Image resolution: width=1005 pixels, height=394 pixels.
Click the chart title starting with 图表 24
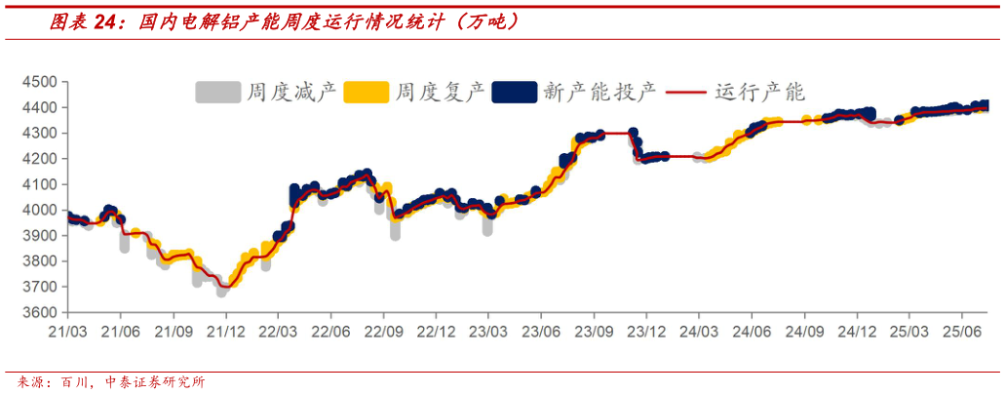283,20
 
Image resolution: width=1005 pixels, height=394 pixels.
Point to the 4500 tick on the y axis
39,82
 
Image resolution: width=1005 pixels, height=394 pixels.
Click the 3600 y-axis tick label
39,313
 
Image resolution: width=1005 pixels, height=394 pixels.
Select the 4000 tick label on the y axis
39,210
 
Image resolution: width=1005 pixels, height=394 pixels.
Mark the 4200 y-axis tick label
39,158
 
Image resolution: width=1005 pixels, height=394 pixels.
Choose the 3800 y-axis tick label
39,261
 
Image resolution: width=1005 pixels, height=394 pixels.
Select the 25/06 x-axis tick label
962,331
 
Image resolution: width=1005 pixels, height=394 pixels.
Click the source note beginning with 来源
106,382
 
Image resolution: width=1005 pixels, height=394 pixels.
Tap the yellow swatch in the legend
367,93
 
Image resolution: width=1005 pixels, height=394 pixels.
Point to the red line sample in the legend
687,93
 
